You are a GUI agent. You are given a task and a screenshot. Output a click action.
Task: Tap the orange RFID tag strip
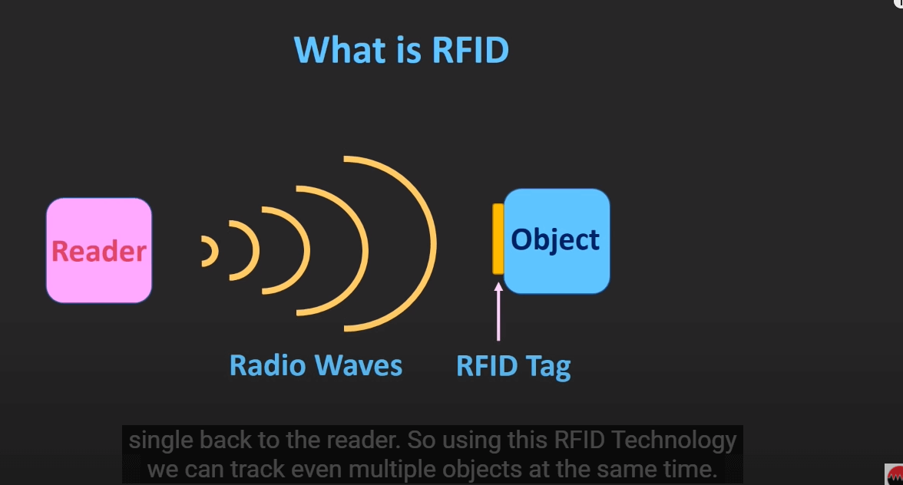click(498, 239)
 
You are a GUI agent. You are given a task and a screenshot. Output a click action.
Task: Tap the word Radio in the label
click(269, 365)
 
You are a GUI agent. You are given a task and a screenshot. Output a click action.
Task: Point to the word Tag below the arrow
click(547, 366)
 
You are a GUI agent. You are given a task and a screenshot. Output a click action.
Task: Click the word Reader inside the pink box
click(99, 251)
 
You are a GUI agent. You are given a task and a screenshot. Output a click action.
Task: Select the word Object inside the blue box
click(556, 239)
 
